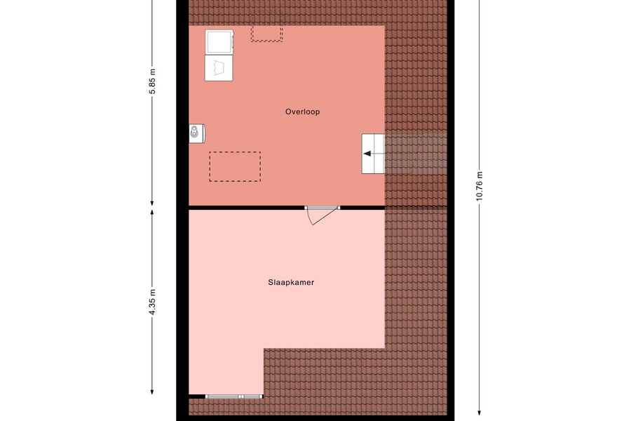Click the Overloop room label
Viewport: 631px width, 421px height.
(x=303, y=112)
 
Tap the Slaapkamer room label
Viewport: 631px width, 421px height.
(x=291, y=282)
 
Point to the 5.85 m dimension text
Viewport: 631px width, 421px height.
(x=152, y=81)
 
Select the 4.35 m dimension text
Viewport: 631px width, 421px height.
(x=152, y=302)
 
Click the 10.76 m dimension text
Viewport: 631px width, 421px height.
(x=479, y=186)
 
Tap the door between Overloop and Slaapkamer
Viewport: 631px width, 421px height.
(x=322, y=208)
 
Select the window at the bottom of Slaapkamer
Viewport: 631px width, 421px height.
(x=234, y=397)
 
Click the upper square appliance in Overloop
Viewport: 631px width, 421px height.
(x=219, y=41)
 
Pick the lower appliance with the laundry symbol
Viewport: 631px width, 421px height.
(x=219, y=67)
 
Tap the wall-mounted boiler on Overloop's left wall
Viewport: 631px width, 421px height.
(x=197, y=133)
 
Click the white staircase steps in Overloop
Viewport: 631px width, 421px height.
(x=373, y=154)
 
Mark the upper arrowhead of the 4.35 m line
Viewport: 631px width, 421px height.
(x=152, y=213)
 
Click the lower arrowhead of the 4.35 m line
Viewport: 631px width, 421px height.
(x=152, y=392)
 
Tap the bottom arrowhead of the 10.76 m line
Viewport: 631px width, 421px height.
(x=479, y=412)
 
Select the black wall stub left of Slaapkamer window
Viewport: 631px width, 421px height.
(x=197, y=397)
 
